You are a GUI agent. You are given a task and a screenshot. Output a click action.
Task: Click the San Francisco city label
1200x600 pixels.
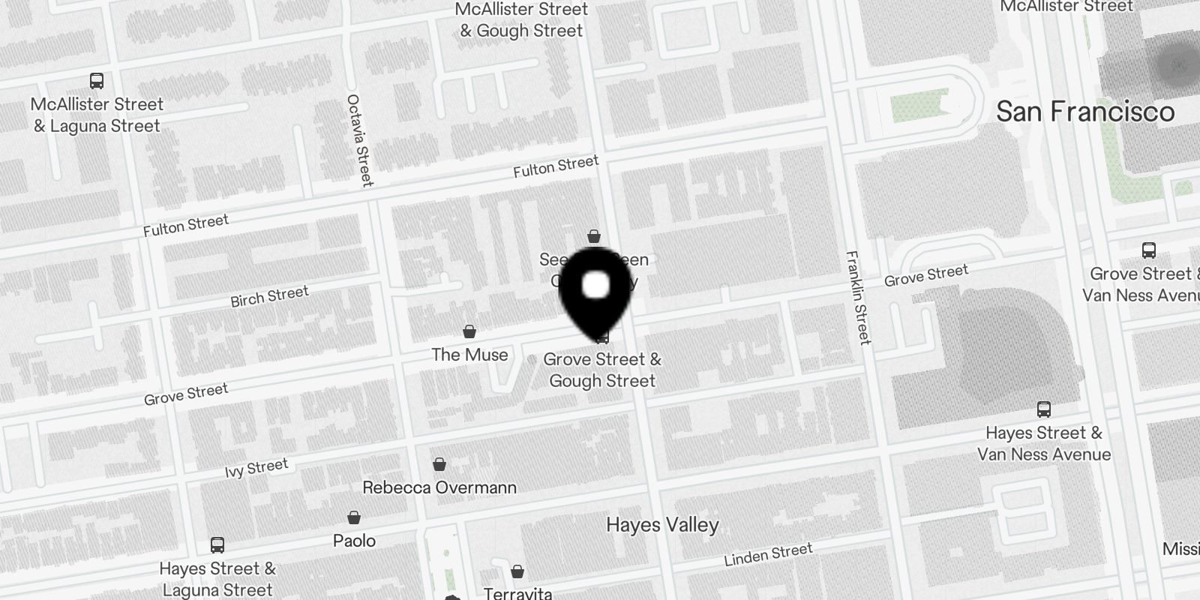1084,112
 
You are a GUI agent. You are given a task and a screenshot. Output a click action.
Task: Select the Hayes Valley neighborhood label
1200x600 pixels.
662,525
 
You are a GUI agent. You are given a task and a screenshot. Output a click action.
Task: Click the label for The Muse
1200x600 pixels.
469,355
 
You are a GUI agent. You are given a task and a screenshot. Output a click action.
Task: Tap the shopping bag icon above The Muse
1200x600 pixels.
469,331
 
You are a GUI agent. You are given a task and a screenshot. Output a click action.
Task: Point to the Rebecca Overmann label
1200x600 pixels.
439,487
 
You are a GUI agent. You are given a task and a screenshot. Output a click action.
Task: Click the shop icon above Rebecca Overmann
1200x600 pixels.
439,465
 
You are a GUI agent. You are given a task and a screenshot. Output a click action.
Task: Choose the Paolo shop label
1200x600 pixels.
354,541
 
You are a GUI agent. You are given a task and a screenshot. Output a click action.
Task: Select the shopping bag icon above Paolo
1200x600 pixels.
354,517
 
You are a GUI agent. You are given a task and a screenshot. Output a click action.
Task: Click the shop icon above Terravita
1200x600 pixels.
517,572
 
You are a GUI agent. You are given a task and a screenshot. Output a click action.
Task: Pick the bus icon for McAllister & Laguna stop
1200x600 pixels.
97,81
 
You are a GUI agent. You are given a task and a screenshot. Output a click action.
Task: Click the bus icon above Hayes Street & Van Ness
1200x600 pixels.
1043,409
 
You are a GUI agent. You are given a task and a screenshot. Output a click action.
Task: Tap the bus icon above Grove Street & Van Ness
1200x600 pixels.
1148,250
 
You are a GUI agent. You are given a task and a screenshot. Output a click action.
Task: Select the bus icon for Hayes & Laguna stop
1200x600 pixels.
217,545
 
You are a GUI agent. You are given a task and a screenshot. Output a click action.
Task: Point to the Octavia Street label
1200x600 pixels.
360,140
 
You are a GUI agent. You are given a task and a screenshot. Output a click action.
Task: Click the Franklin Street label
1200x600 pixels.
859,297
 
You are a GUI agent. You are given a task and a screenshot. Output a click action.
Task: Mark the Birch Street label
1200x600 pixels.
269,296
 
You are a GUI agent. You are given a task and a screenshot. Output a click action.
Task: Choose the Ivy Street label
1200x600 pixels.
256,468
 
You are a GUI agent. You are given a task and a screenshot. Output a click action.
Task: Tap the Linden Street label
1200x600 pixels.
768,555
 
